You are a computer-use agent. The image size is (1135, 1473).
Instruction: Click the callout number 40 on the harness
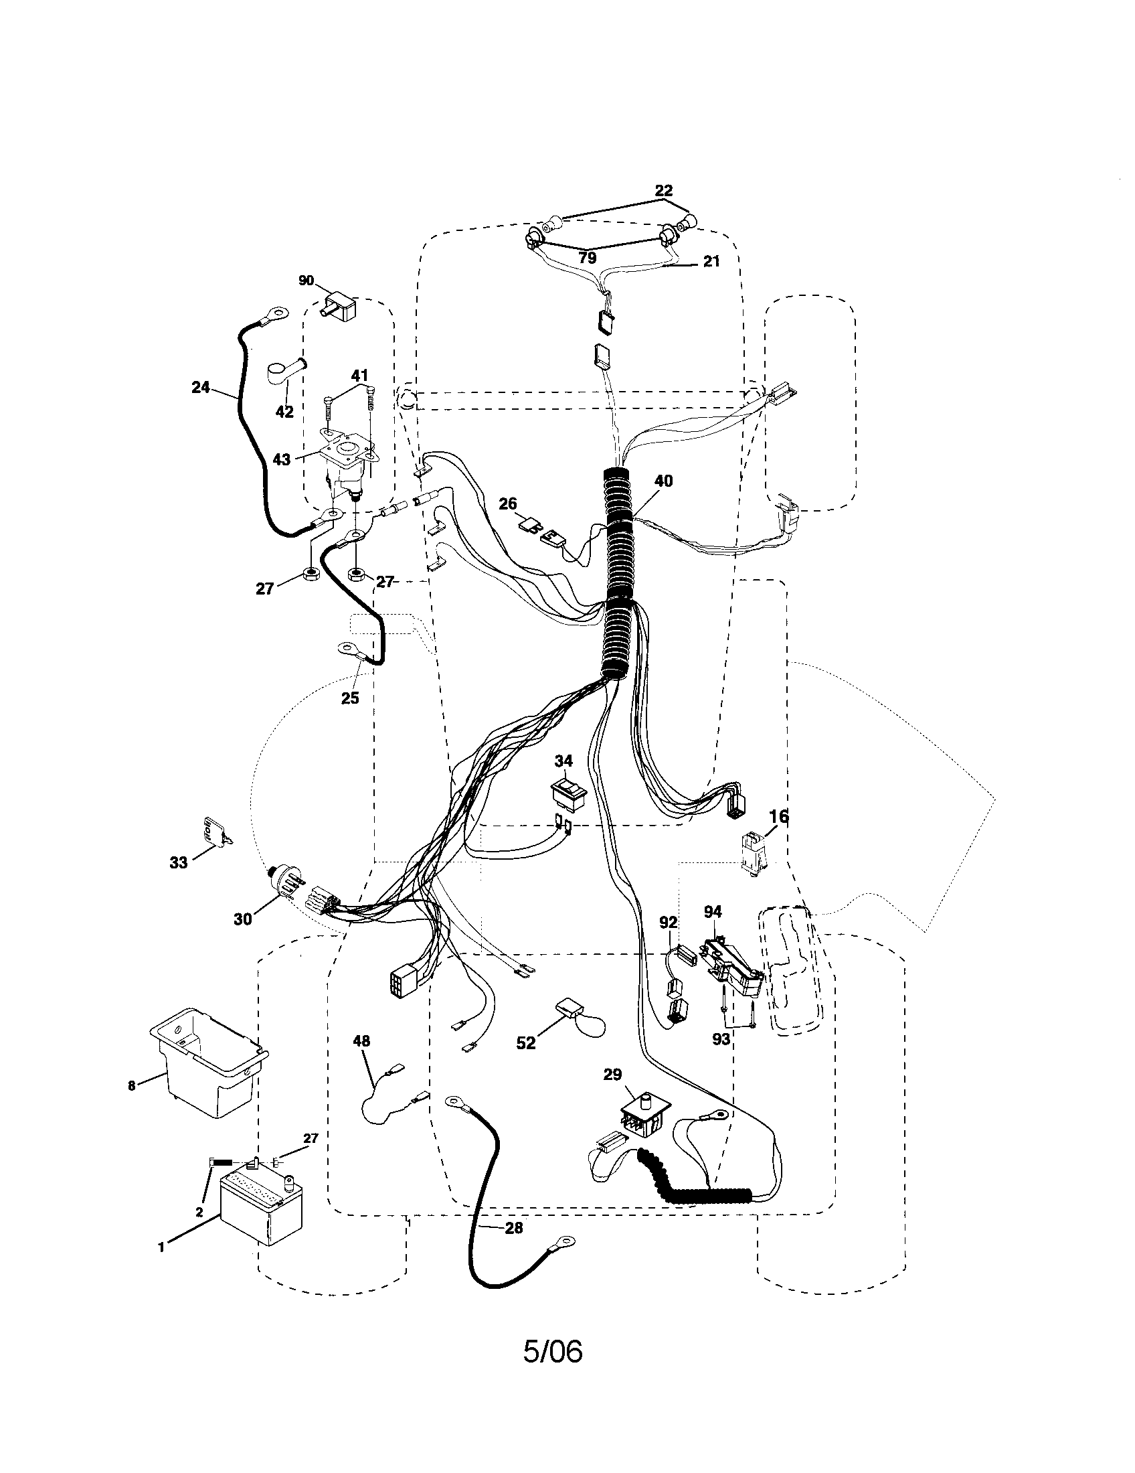663,481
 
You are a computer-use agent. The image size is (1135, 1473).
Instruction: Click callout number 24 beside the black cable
201,388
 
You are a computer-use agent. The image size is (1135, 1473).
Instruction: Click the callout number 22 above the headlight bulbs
663,191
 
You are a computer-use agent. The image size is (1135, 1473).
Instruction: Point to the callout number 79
587,258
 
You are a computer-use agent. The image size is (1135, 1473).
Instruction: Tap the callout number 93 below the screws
721,1039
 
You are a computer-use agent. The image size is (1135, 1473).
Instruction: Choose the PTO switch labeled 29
643,1112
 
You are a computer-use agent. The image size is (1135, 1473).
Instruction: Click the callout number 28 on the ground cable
513,1228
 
